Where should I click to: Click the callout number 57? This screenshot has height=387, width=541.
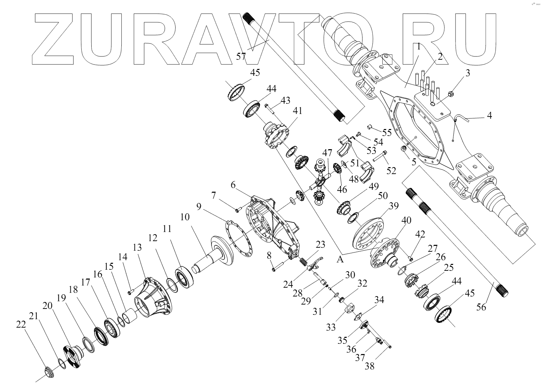point(241,56)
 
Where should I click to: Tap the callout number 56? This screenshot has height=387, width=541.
point(481,307)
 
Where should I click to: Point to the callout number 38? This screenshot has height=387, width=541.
point(369,365)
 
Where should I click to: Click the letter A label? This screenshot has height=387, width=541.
point(341,259)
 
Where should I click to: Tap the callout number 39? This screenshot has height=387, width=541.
point(394,206)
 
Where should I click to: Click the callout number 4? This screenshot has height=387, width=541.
point(489,116)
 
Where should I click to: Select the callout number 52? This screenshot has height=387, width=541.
point(391,171)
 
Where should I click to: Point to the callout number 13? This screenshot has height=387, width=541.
point(137,248)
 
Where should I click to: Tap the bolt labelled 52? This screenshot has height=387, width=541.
point(379,157)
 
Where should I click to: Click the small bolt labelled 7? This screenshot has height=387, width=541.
point(238,210)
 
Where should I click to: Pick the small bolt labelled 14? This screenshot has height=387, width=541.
point(130,292)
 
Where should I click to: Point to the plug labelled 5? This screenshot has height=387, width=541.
point(404,149)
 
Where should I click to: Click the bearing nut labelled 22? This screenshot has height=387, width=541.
point(48,371)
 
